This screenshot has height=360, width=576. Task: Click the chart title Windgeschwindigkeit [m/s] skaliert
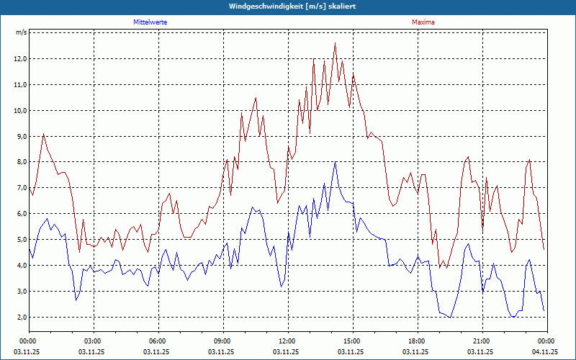[288, 6]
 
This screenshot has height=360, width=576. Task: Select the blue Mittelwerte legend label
[150, 22]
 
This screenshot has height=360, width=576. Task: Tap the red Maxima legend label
[423, 22]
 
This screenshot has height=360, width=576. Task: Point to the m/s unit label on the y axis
[21, 33]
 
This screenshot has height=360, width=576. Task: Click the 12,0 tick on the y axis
[21, 59]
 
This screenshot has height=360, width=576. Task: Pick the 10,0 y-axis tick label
[21, 111]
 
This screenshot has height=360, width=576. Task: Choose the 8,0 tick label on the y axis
[21, 163]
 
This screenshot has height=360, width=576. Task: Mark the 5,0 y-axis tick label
[21, 240]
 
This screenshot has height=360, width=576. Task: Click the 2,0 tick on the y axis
[21, 318]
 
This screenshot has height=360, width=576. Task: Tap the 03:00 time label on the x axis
[93, 341]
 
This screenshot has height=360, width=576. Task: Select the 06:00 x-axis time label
[158, 341]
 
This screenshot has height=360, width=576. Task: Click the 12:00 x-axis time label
[287, 341]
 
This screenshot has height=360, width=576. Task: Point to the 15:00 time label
[352, 341]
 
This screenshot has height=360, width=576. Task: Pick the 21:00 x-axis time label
[482, 341]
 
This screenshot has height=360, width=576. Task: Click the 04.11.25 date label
[546, 352]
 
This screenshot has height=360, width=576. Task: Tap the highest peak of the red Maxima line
[335, 44]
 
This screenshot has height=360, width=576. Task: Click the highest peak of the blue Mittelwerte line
[335, 162]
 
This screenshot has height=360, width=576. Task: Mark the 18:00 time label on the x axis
[417, 341]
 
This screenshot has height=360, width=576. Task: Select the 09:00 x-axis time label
[222, 341]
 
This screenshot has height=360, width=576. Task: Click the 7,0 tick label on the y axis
[21, 189]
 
